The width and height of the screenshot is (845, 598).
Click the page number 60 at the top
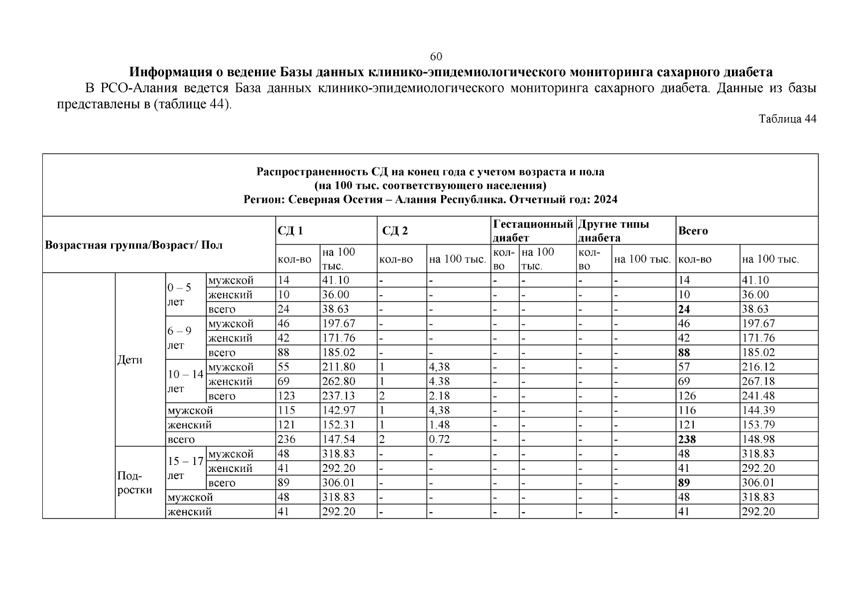point(436,56)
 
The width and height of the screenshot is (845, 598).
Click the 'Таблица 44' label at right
point(787,119)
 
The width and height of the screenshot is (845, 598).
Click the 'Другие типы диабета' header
point(613,231)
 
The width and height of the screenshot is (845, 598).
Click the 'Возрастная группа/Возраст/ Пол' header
point(134,245)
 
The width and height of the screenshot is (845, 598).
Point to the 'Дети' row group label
point(130,360)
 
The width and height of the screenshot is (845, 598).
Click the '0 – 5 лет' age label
point(179,295)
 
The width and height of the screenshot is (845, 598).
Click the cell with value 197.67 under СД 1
point(339,323)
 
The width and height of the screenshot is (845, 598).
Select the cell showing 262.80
point(339,381)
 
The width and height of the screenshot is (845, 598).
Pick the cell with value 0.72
point(439,440)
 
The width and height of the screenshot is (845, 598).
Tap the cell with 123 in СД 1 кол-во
point(286,396)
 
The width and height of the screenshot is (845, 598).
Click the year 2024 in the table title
point(605,200)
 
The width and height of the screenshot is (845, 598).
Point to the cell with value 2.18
point(439,396)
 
